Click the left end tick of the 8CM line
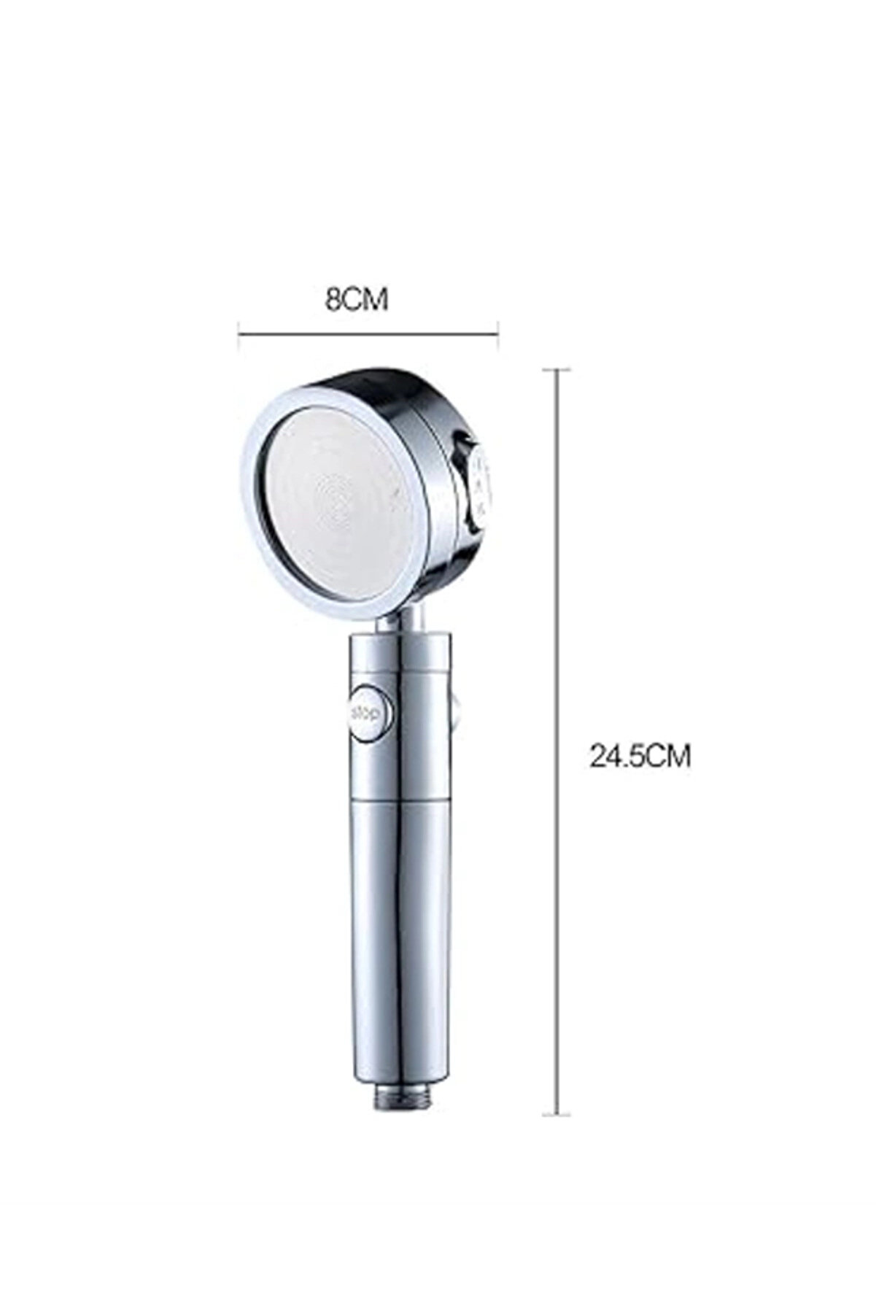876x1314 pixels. [x=240, y=336]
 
